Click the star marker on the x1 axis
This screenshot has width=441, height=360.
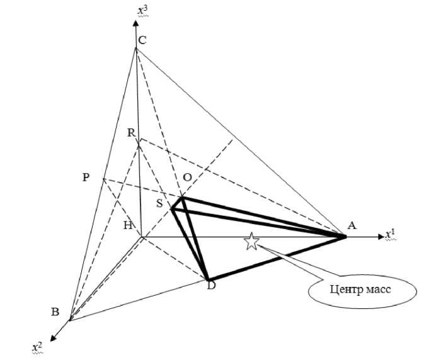tap(251, 242)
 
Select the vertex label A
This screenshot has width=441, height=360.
tap(352, 225)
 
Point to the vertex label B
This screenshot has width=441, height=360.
tap(55, 312)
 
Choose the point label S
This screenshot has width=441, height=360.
tap(159, 203)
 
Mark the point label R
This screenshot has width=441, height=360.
tap(130, 133)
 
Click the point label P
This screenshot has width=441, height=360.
tap(86, 177)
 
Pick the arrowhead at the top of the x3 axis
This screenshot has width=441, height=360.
tap(135, 24)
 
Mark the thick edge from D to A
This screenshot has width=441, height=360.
tap(277, 258)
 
